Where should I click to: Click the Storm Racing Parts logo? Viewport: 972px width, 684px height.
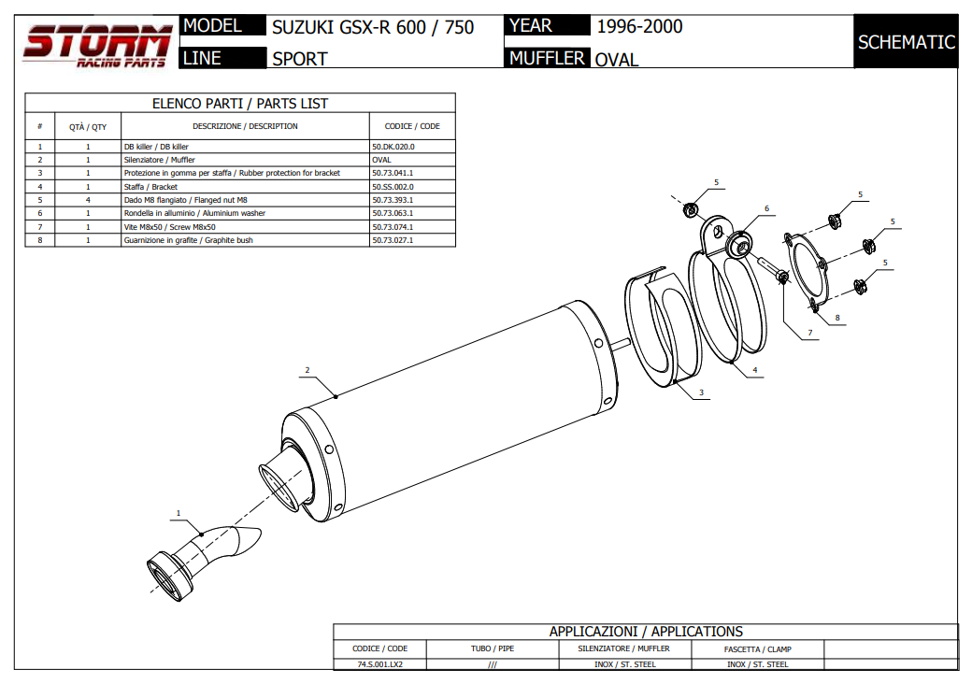[x=97, y=45]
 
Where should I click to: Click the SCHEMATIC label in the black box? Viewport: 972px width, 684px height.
[x=906, y=42]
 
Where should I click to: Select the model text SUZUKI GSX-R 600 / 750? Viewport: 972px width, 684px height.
[x=373, y=27]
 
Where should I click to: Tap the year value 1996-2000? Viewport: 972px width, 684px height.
[x=639, y=26]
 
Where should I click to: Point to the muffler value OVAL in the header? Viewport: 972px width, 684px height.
[x=617, y=60]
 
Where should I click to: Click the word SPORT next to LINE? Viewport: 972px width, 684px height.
[x=299, y=59]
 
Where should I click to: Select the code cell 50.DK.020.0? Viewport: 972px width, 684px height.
[x=393, y=147]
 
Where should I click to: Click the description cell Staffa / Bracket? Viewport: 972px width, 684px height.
[x=150, y=187]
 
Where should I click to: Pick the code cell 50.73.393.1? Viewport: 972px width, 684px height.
[x=393, y=200]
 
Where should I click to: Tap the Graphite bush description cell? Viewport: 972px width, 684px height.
[x=188, y=240]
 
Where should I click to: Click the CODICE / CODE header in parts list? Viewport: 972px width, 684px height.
[x=412, y=126]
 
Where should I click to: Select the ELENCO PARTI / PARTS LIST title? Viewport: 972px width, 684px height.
[x=240, y=104]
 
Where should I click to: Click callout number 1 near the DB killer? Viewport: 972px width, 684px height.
[x=178, y=512]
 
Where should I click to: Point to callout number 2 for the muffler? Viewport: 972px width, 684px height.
[x=307, y=370]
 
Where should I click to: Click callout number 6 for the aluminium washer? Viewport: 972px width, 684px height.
[x=765, y=208]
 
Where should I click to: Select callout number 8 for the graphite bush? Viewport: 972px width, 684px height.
[x=837, y=318]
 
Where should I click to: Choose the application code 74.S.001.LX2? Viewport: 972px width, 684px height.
[x=379, y=664]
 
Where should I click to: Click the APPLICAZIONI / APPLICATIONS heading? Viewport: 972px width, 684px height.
[x=646, y=632]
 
